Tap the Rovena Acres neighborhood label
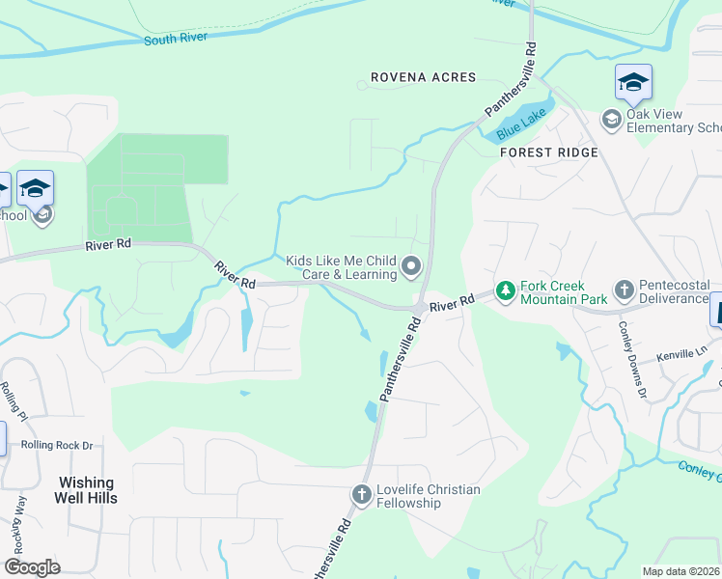point(424,77)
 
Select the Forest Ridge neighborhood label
point(548,152)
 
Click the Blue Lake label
point(521,124)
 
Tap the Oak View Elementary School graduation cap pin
point(633,84)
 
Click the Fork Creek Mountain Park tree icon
point(504,289)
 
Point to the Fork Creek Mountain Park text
point(563,292)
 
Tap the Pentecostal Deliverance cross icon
point(625,289)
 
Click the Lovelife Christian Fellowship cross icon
point(361,496)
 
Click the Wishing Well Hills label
point(87,490)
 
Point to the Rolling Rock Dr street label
point(60,446)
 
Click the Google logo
point(33,567)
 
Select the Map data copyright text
point(681,571)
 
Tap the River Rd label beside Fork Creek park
point(453,303)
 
